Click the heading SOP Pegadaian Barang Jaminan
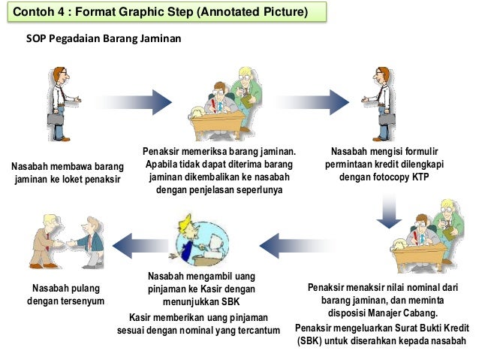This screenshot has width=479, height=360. [x=104, y=37]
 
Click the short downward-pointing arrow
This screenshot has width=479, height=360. [x=388, y=211]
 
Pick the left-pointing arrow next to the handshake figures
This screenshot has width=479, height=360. [x=137, y=244]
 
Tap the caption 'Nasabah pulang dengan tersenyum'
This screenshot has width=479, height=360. [x=65, y=295]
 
